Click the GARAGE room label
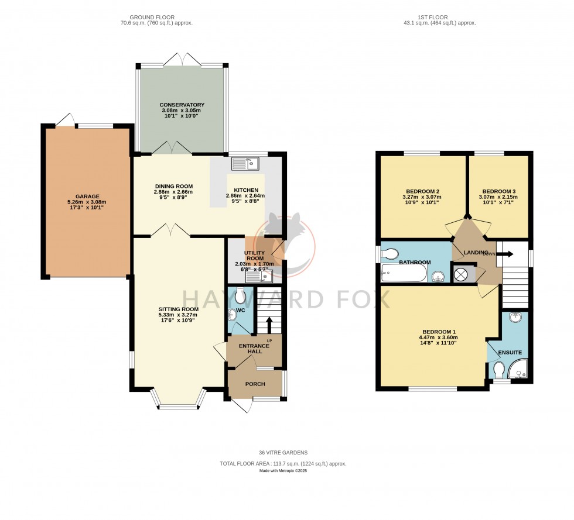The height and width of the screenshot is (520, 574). tap(87, 197)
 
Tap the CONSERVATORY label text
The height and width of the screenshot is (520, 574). tap(182, 105)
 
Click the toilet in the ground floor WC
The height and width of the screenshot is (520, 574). tap(240, 297)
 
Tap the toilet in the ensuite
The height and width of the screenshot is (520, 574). tap(498, 370)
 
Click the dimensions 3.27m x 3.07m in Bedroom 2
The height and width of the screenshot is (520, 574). tap(422, 198)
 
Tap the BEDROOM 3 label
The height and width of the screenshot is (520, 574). tap(499, 191)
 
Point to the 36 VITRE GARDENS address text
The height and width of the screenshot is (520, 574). tap(283, 453)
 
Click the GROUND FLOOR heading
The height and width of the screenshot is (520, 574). tap(156, 17)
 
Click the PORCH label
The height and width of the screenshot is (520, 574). tap(255, 384)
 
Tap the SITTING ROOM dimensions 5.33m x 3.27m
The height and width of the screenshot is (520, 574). tap(178, 315)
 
